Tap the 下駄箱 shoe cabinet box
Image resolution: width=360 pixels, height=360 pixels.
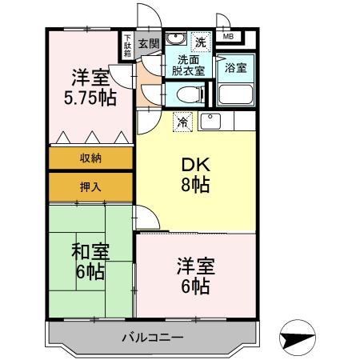click(128, 45)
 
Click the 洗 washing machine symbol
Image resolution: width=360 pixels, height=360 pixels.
click(200, 41)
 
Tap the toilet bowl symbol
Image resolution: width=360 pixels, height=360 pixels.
click(182, 95)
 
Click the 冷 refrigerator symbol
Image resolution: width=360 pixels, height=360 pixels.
click(183, 122)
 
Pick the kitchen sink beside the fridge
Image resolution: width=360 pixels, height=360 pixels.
click(210, 122)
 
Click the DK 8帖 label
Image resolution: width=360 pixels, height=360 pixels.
click(195, 174)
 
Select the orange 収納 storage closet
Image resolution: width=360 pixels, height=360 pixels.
click(90, 158)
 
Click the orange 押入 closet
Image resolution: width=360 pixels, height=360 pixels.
click(90, 187)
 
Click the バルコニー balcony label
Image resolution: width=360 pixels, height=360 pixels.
click(152, 335)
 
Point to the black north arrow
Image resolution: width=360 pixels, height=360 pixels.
click(298, 340)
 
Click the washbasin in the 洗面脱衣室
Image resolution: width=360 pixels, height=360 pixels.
click(178, 41)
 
